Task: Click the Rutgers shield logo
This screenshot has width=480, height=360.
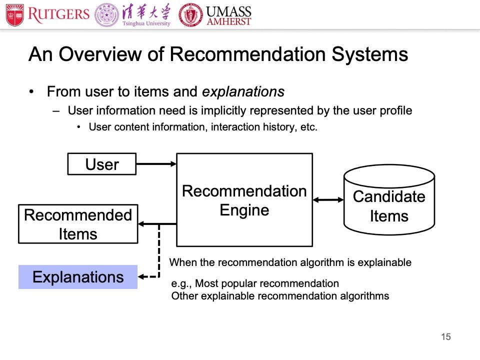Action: tap(14, 15)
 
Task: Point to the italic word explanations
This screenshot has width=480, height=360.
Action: tap(243, 92)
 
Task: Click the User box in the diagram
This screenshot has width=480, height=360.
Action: tap(102, 164)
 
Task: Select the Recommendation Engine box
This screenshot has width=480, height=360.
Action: tap(244, 200)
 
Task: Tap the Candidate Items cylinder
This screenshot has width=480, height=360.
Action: tap(389, 200)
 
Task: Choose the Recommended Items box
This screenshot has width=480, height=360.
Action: tap(78, 224)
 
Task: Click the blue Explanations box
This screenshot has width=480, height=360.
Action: tap(78, 277)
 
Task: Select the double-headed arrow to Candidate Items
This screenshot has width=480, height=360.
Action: tap(328, 200)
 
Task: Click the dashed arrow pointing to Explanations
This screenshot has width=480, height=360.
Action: tap(150, 276)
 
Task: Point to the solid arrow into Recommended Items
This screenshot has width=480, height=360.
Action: tap(157, 224)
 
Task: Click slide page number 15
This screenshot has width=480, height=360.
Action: tap(446, 336)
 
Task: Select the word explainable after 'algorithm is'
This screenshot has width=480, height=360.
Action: tap(384, 262)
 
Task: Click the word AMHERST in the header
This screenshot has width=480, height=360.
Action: tap(228, 22)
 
